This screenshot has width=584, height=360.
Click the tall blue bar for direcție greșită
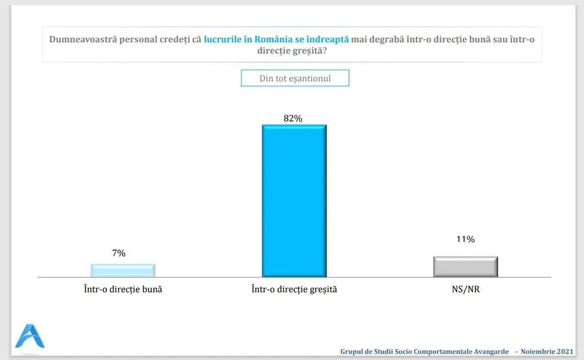pos(294,200)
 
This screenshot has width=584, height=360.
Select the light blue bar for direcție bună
pos(123,270)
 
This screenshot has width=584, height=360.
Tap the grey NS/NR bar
pos(465,267)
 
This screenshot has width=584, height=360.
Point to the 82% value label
pos(293,118)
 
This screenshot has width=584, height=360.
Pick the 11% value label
pos(465,239)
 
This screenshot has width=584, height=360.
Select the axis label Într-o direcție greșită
pos(294,289)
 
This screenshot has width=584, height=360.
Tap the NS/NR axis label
pos(465,289)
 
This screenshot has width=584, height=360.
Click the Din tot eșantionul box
pos(295,78)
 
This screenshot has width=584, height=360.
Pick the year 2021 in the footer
pos(563,352)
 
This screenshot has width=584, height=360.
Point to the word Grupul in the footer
pos(354,352)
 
